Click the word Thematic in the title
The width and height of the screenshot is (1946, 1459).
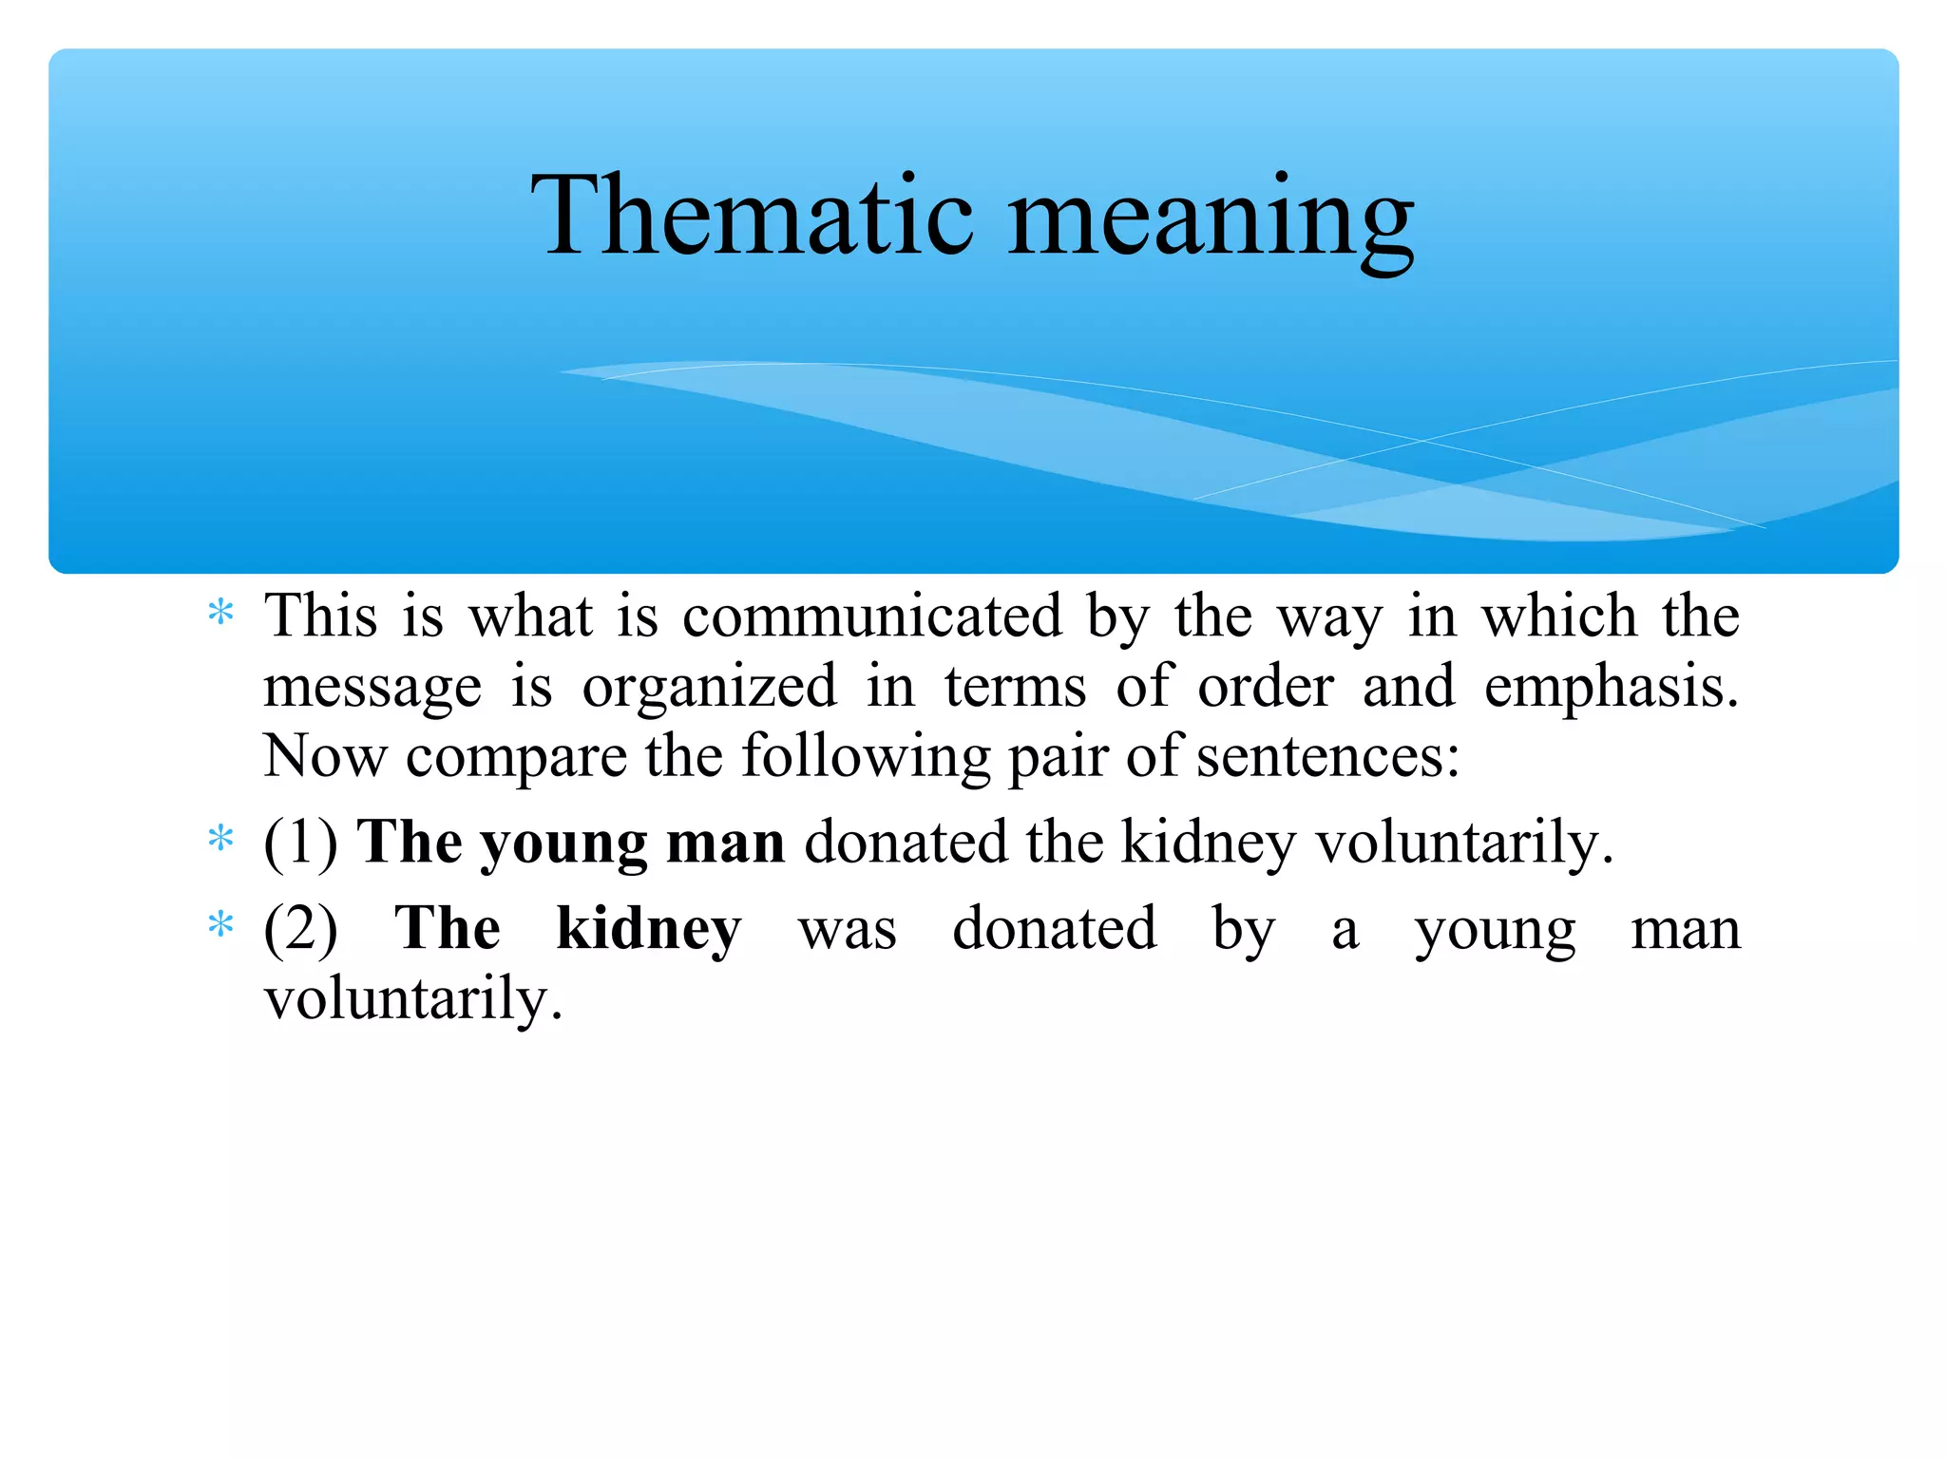[752, 216]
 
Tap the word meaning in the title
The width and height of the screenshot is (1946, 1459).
[1211, 220]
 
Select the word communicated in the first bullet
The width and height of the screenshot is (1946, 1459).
[871, 616]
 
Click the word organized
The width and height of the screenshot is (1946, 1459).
[709, 688]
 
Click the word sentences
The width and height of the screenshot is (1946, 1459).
[1326, 757]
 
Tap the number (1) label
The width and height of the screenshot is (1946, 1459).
[300, 843]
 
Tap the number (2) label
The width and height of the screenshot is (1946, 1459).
[300, 928]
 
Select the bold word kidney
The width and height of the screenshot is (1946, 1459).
[648, 928]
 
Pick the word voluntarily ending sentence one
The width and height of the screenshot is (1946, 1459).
[1463, 843]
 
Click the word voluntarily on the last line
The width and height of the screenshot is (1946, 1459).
[413, 998]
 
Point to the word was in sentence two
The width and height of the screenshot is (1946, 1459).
[847, 930]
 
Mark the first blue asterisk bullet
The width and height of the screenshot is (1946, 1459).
[220, 613]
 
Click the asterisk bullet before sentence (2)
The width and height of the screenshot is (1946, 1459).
[220, 924]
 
